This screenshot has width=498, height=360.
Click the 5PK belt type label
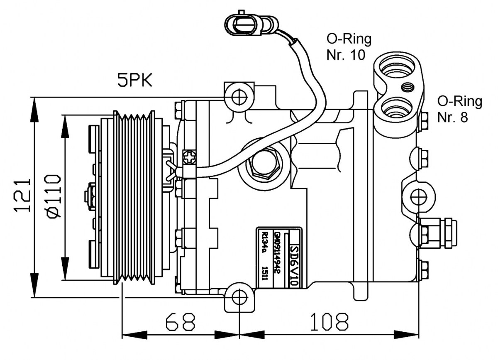click(x=135, y=80)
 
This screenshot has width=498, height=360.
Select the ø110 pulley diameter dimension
click(x=52, y=196)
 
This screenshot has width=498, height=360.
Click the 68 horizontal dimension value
click(x=180, y=321)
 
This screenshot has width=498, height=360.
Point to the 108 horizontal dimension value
click(x=330, y=321)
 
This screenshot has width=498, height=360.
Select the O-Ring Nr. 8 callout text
click(x=459, y=109)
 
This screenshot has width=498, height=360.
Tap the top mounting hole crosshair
click(x=239, y=97)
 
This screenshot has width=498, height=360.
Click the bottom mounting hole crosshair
click(x=239, y=297)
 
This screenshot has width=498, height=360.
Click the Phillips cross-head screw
click(x=189, y=158)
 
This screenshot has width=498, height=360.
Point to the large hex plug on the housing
click(x=264, y=164)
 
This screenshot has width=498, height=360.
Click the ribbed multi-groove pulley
click(x=134, y=197)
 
